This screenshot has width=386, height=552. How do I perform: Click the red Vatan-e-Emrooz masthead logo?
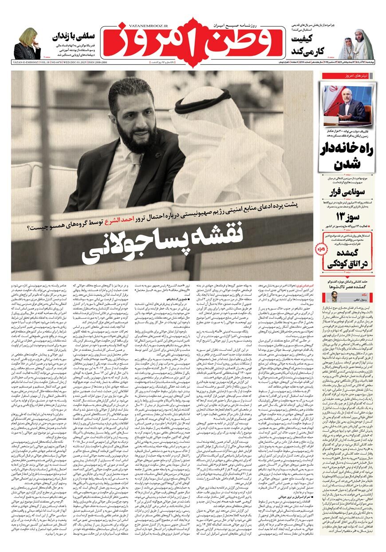[193, 42]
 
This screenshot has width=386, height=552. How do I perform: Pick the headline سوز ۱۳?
[347, 216]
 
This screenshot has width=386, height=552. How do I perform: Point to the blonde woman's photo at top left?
[27, 44]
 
